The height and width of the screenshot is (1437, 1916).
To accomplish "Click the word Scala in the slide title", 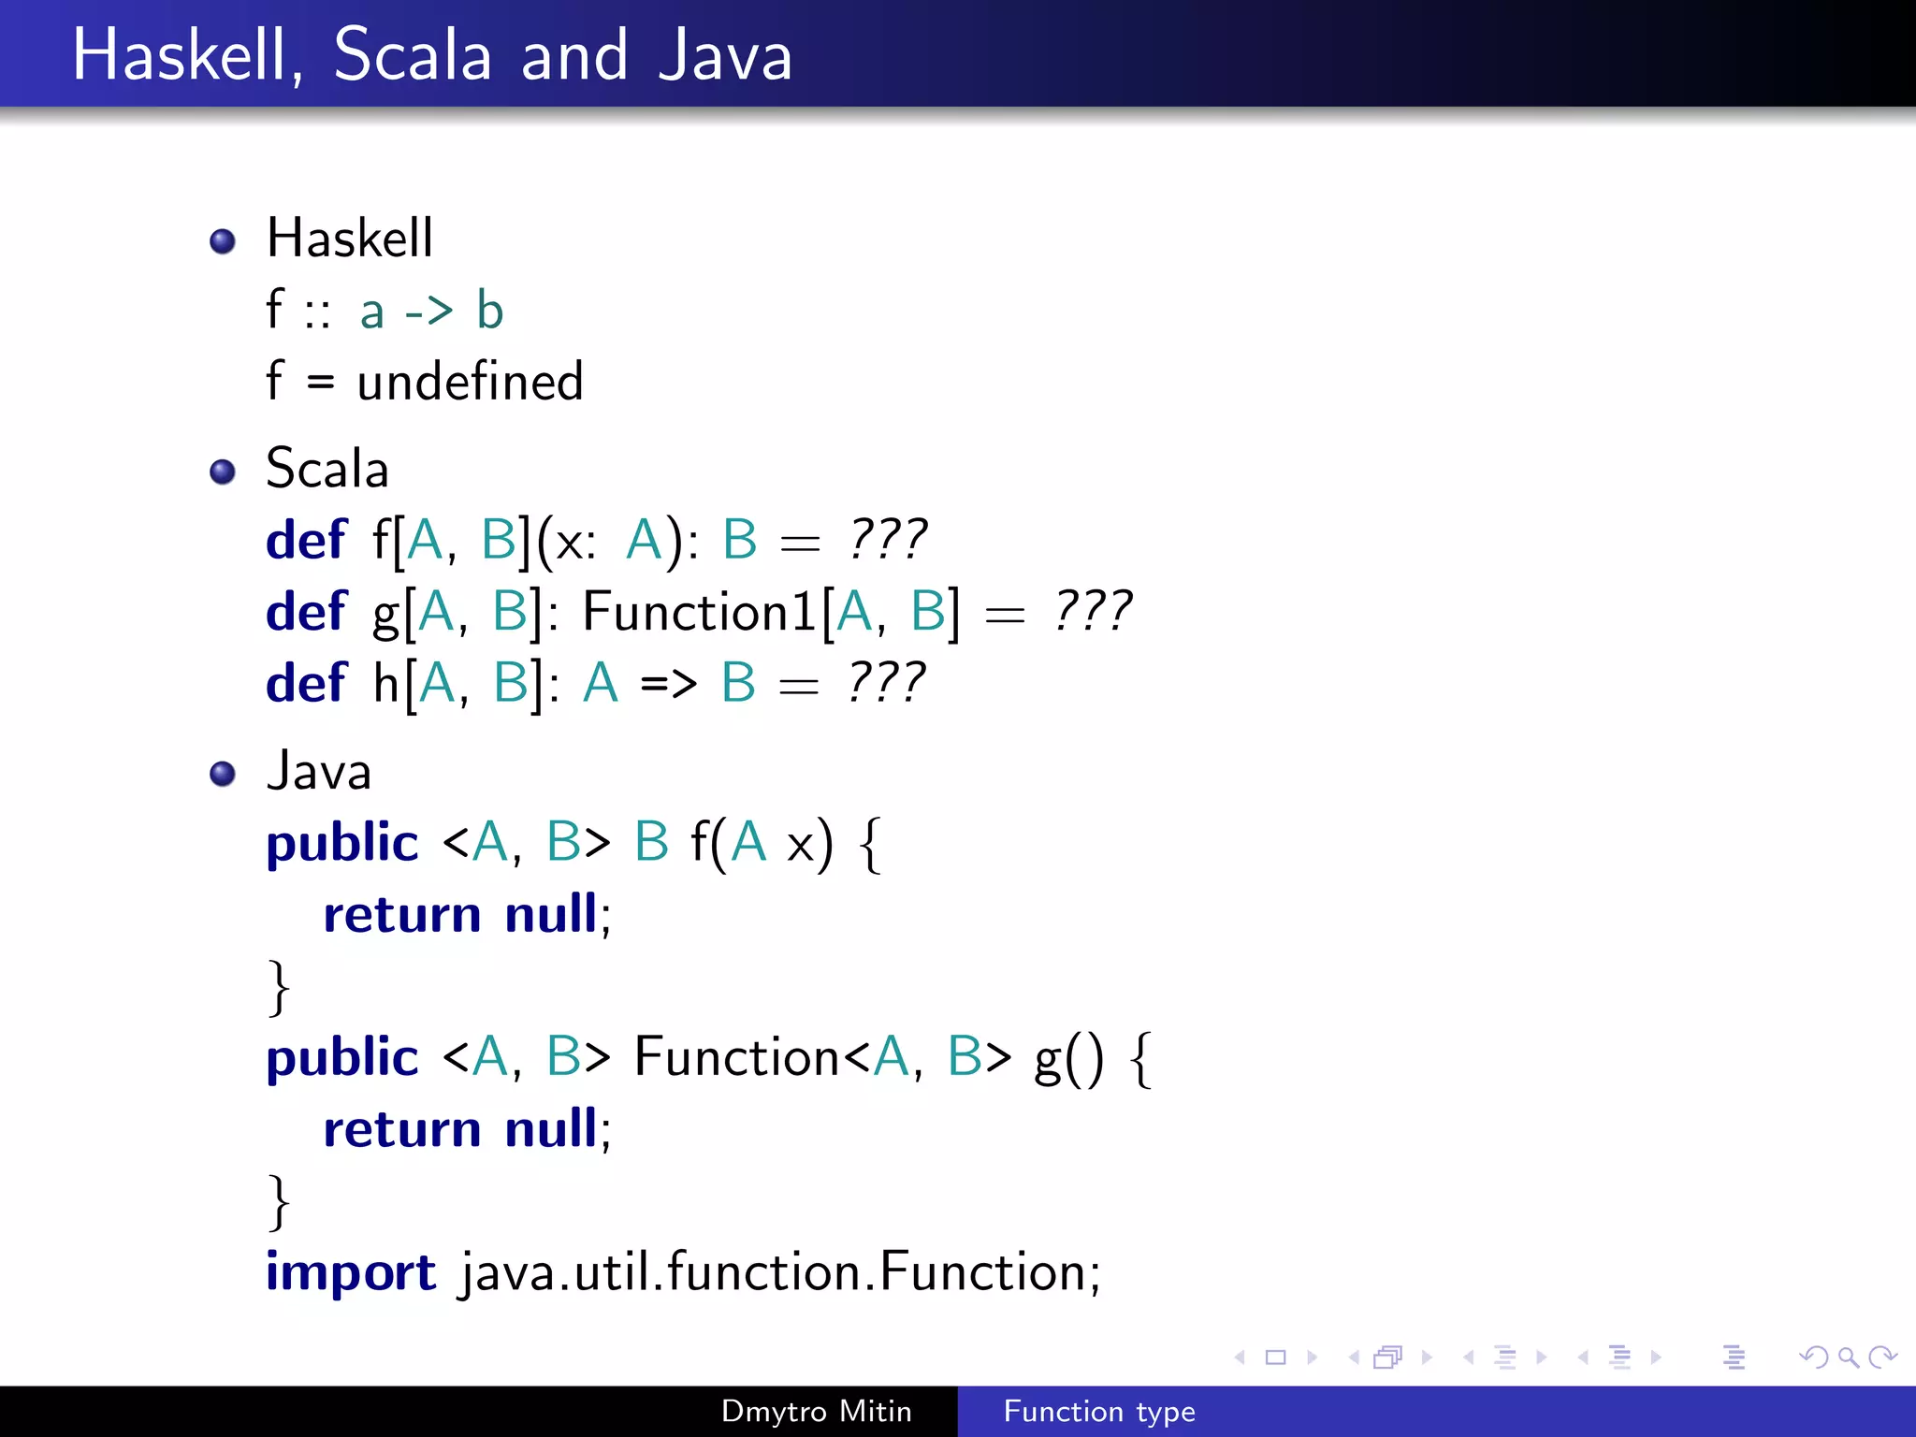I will [x=412, y=56].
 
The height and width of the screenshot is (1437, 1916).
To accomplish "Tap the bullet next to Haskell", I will [x=223, y=241].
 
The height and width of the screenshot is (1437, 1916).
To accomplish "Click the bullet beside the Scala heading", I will [x=223, y=472].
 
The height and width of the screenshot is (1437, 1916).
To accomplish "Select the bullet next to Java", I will [x=223, y=774].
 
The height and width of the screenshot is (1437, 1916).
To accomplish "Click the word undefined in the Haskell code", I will [x=470, y=382].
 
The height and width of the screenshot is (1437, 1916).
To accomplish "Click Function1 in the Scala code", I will [x=698, y=612].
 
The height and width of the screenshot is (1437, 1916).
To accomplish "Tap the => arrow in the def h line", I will [x=668, y=684].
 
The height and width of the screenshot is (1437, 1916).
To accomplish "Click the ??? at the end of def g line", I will [x=1092, y=612].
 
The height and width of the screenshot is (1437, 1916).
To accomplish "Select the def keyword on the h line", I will [x=306, y=684].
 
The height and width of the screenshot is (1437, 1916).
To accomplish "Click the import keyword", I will [x=351, y=1272].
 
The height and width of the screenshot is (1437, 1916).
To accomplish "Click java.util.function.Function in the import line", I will [x=781, y=1272].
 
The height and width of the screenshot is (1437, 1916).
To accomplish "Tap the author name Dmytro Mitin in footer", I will [x=816, y=1411].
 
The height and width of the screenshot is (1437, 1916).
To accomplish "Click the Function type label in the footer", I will [x=1099, y=1411].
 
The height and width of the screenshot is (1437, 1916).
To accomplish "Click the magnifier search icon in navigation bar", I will [x=1848, y=1357].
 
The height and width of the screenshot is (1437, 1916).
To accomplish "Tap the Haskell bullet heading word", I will [x=350, y=238].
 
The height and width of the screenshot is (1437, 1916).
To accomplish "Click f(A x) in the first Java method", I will [x=761, y=843].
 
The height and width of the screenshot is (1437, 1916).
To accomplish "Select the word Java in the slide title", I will [x=724, y=56].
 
